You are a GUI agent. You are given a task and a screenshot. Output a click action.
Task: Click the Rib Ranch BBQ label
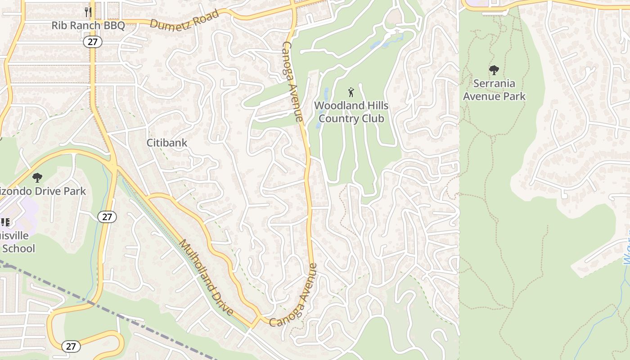[88, 25]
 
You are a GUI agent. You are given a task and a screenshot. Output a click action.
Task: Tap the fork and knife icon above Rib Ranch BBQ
[88, 11]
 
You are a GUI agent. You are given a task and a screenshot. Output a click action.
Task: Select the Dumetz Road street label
[184, 18]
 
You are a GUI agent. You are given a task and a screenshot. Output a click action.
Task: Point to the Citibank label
[167, 143]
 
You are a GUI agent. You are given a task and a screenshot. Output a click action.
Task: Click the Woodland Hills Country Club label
[351, 112]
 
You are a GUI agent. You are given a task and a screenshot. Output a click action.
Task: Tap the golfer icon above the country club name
[351, 92]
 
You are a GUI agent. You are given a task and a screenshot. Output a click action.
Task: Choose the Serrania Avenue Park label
[494, 90]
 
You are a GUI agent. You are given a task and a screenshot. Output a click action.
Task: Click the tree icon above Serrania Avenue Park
[494, 70]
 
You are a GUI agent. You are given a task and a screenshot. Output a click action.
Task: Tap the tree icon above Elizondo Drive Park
[37, 178]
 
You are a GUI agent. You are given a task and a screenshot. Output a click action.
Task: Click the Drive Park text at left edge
[43, 191]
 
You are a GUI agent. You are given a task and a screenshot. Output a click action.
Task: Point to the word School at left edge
[18, 248]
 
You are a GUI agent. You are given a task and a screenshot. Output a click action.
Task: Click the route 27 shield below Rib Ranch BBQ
[92, 42]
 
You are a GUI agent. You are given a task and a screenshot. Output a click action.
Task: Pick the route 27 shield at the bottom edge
[71, 346]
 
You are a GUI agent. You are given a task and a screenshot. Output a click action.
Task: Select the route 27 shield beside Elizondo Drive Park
[107, 217]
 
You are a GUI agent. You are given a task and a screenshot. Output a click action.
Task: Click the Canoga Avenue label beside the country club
[292, 81]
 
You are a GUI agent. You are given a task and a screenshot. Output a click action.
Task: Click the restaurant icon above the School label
[5, 222]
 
